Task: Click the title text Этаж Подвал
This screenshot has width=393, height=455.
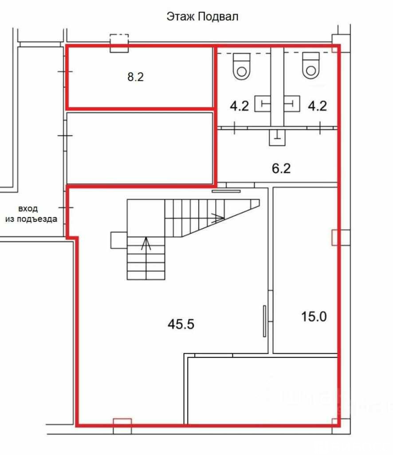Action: [202, 16]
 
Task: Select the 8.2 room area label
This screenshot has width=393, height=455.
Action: [136, 77]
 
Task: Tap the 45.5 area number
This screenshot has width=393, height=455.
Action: [181, 324]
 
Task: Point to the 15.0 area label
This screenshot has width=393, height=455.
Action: [314, 316]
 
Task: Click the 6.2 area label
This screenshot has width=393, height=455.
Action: [281, 168]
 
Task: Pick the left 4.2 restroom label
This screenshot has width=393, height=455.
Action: [239, 106]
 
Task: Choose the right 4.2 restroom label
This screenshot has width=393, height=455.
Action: [318, 106]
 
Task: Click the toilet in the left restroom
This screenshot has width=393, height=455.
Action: [242, 66]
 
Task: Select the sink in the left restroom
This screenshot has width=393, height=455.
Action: [263, 104]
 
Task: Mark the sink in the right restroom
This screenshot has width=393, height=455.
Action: [291, 104]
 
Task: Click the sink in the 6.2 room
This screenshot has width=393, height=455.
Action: [277, 137]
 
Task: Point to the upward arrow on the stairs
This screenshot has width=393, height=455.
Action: [146, 243]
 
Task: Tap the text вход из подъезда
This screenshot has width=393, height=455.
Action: [31, 214]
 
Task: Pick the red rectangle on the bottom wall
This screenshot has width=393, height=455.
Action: [122, 422]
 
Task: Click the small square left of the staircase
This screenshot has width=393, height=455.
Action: [119, 240]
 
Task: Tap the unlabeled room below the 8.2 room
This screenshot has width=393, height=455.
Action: [140, 148]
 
